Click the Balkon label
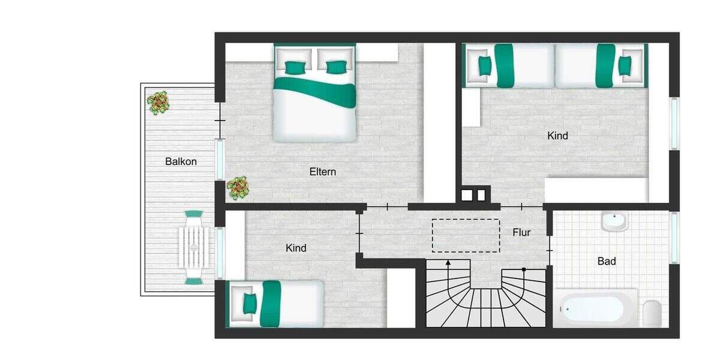(181, 161)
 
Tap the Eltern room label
(323, 172)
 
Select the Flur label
(521, 232)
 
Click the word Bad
(607, 262)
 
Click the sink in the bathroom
(614, 221)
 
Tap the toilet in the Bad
(652, 313)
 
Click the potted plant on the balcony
(158, 103)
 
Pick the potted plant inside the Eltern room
(238, 188)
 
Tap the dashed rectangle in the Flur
(466, 235)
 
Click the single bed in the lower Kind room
(275, 304)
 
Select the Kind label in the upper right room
(557, 136)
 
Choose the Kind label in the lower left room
(296, 248)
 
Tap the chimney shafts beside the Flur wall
(473, 195)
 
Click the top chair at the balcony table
(194, 215)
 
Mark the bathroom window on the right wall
(675, 238)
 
